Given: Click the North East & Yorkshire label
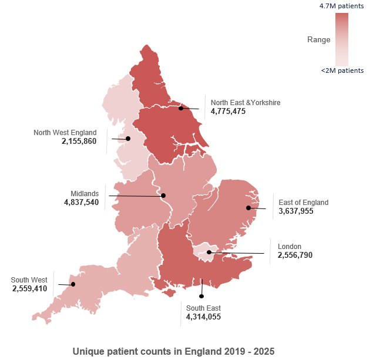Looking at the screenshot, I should (x=246, y=103).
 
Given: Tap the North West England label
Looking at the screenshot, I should (x=65, y=133).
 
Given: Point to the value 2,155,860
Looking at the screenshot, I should (x=79, y=142).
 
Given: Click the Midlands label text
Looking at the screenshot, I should (x=85, y=194).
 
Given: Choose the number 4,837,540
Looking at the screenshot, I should (x=81, y=203).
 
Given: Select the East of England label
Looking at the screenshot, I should (x=303, y=203).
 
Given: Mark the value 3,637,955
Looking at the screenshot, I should (x=296, y=211).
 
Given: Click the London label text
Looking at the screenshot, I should (x=290, y=247).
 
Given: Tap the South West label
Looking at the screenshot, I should (x=29, y=280).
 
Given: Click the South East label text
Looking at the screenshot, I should (x=203, y=308).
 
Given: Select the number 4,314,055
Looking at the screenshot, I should (x=203, y=317).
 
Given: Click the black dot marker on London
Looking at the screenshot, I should (x=209, y=253).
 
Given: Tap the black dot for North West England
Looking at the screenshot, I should (x=128, y=139).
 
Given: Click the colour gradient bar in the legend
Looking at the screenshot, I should (x=341, y=39).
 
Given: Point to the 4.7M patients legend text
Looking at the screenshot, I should (x=341, y=5).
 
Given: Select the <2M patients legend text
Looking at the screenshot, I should (x=342, y=71).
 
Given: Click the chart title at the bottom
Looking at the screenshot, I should (x=173, y=351).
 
